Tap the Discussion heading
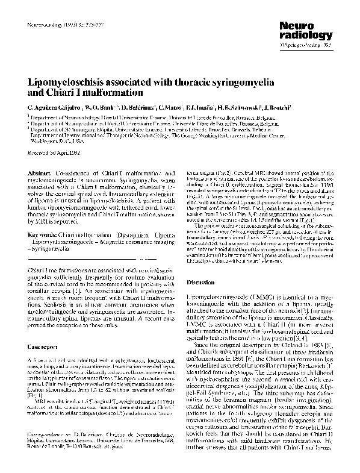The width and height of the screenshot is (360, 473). pyautogui.click(x=201, y=282)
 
